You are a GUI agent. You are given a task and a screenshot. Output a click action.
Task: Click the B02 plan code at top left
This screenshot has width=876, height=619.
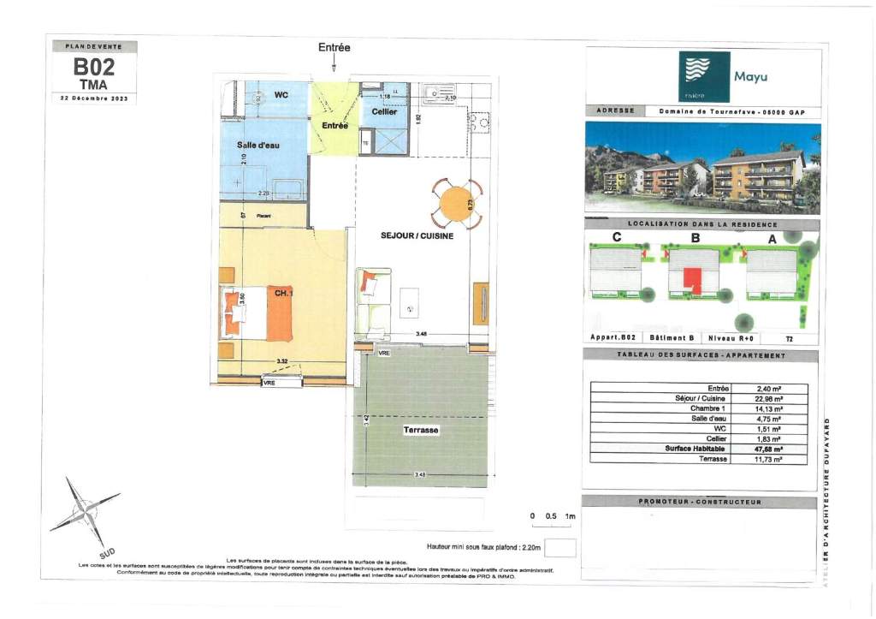point(93,67)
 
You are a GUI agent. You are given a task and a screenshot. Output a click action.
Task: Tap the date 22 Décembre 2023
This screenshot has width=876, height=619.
point(93,98)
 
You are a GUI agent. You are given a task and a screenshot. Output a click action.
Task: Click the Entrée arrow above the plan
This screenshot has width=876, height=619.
point(334,62)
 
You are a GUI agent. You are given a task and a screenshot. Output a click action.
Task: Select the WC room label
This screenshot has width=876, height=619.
point(281,94)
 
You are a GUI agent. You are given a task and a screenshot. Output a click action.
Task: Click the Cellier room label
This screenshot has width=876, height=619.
point(384,112)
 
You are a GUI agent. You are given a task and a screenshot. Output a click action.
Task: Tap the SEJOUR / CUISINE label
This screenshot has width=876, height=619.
point(417,235)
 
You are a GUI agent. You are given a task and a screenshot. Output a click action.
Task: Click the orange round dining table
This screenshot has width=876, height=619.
point(459,205)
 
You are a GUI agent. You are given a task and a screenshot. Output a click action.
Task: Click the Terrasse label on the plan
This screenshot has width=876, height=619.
point(421,432)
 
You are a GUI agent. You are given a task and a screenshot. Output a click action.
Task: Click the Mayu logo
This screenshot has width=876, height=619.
point(704,77)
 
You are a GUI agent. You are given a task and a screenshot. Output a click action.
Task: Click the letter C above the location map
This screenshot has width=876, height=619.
point(616,239)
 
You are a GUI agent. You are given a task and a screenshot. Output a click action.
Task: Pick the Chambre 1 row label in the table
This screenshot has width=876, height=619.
point(708,408)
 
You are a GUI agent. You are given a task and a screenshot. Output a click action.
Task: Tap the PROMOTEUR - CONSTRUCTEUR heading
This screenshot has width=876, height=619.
point(699,503)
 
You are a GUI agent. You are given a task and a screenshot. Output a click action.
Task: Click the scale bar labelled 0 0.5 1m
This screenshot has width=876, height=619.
point(553,516)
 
